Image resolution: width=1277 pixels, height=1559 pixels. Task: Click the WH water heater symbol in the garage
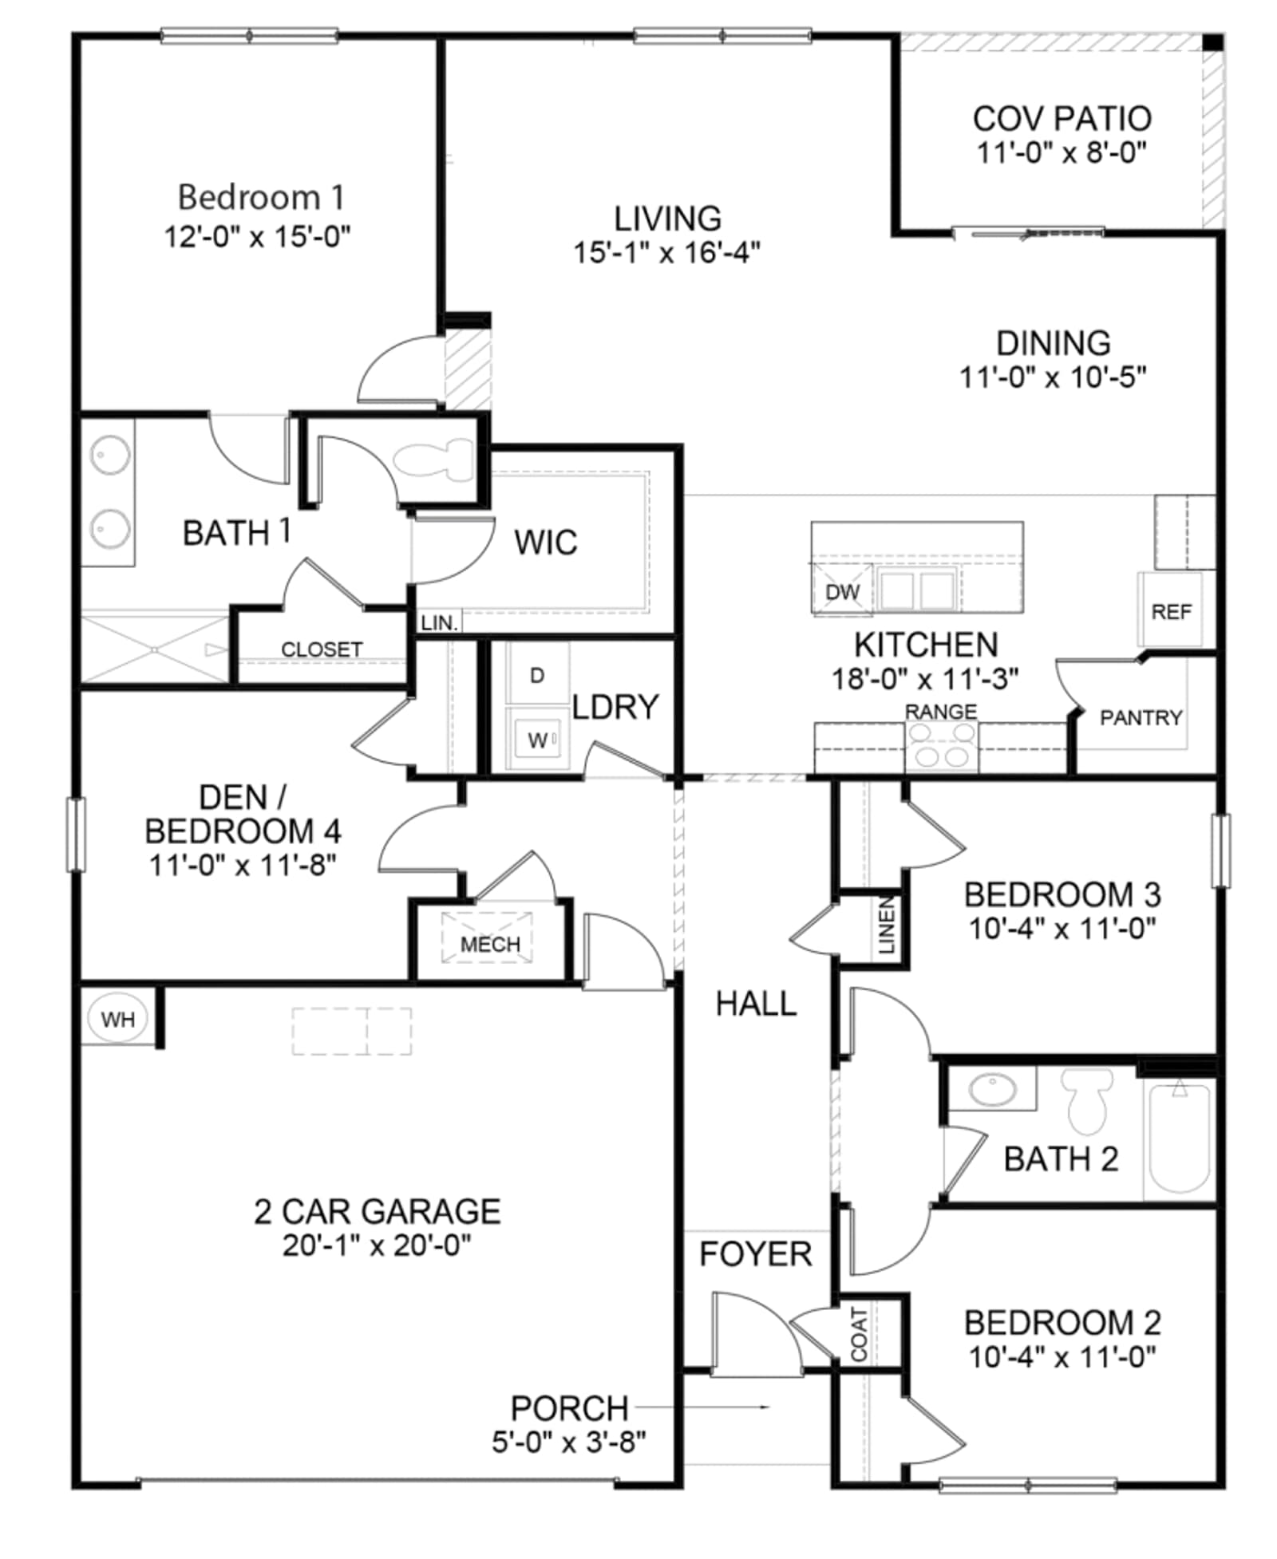point(118,1019)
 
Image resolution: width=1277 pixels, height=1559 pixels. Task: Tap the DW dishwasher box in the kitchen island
point(843,590)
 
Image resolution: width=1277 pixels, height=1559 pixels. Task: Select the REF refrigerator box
point(1170,610)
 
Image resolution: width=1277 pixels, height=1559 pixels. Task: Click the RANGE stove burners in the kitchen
point(941,746)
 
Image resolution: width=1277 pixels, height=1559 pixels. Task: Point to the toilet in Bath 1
point(434,460)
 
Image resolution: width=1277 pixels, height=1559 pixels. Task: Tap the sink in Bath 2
point(992,1089)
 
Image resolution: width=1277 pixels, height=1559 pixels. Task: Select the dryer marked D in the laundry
point(537,675)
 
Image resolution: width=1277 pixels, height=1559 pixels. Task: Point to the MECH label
point(490,945)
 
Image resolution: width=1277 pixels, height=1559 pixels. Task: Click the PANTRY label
point(1141,717)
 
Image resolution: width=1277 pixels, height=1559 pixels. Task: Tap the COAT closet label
point(859,1334)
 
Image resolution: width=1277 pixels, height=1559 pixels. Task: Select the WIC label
point(546,543)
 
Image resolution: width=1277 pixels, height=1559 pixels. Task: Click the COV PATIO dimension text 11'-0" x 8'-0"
point(1062,152)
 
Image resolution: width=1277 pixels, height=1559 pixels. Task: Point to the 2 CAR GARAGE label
point(378,1211)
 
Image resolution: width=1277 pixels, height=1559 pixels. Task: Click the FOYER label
point(756,1254)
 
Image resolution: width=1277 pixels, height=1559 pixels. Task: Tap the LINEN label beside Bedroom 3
point(887,926)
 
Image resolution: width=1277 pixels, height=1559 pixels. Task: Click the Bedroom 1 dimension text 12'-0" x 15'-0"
point(258,236)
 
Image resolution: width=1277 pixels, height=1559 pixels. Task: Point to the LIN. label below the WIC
point(439,622)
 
